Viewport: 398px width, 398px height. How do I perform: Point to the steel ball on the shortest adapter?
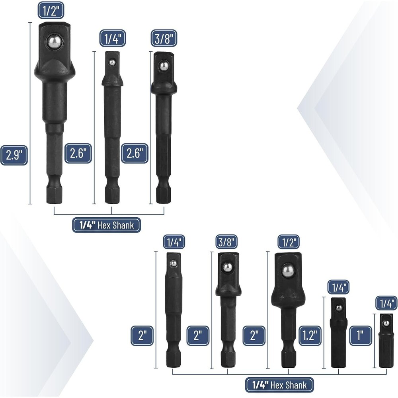(x=384, y=321)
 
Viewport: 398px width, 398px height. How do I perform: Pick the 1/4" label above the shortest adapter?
(x=386, y=303)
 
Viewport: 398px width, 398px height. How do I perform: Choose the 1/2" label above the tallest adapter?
(x=51, y=10)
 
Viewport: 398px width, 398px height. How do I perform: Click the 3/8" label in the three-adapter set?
(x=164, y=39)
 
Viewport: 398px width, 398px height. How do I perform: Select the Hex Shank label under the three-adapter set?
(x=107, y=225)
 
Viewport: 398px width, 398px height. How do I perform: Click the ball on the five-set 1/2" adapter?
(x=287, y=271)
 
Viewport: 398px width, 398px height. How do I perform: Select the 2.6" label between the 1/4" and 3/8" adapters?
(x=135, y=154)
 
